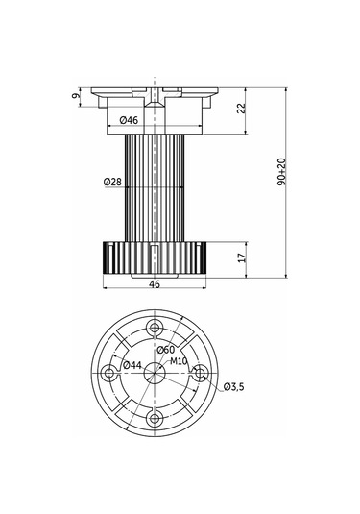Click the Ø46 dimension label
click(x=129, y=120)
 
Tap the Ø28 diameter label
click(x=112, y=182)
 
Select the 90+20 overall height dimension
click(x=281, y=172)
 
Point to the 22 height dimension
click(x=241, y=109)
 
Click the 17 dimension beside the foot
click(x=241, y=257)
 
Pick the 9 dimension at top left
click(x=76, y=96)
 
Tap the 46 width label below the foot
click(x=155, y=283)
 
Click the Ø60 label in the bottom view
click(x=165, y=350)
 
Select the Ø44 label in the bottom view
click(x=132, y=364)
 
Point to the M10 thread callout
click(x=179, y=361)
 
